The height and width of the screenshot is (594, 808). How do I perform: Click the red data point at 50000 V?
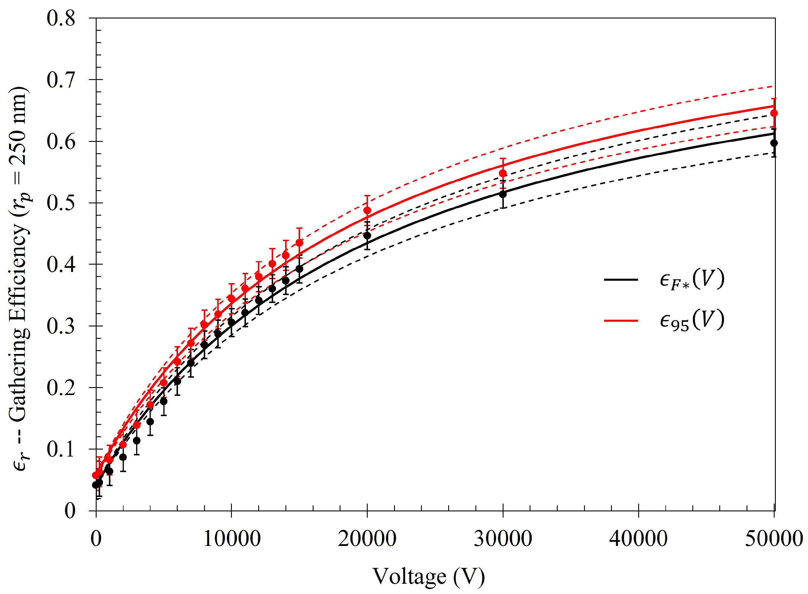774,113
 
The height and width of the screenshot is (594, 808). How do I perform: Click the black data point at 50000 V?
774,143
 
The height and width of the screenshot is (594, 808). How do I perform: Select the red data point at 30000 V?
503,173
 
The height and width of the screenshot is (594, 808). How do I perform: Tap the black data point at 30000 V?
503,194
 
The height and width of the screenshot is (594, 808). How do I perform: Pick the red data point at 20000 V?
367,210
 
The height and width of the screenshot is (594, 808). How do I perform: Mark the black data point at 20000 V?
367,236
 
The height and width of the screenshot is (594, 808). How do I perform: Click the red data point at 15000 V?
299,243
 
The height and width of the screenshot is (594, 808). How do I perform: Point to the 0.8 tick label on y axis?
61,18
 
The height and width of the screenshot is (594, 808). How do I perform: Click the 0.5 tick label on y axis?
61,203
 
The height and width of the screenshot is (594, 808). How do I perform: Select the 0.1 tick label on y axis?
61,449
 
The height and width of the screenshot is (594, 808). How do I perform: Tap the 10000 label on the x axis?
232,539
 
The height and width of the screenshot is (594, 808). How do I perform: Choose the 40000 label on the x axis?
638,539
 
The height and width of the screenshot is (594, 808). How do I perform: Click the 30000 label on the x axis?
503,539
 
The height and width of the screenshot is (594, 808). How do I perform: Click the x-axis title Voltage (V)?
428,576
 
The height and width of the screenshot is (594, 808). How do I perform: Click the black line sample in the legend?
621,279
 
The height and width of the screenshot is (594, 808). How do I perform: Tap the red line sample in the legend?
621,320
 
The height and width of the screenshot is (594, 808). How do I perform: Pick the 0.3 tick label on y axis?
61,326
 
